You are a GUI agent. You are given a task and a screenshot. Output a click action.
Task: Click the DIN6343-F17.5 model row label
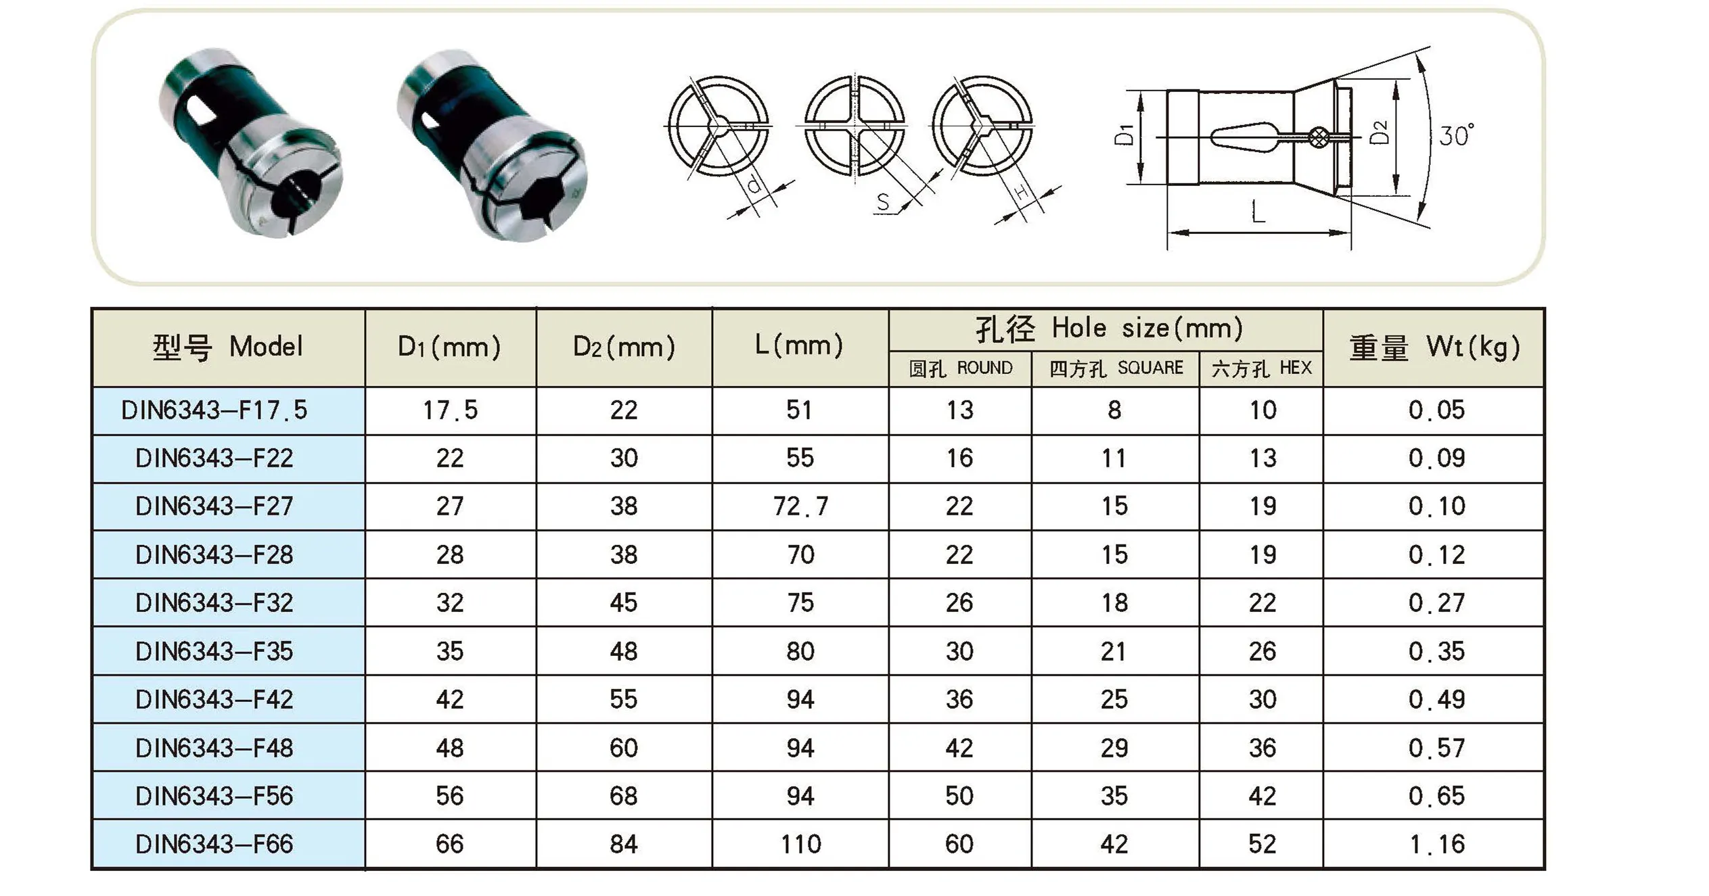(214, 410)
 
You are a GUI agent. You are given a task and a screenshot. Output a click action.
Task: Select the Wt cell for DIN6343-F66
(1436, 844)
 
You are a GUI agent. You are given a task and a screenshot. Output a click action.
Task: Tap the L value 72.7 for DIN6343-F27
(800, 506)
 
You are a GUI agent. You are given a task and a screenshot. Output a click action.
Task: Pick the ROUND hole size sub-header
(960, 369)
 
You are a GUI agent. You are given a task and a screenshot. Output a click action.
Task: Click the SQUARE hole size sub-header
(1116, 369)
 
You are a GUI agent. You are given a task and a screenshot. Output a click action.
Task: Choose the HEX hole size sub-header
(1262, 369)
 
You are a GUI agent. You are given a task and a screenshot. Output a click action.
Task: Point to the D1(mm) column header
(450, 347)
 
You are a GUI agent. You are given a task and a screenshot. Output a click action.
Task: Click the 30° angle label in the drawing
(1456, 136)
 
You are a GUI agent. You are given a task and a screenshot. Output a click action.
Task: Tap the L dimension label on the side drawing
(1258, 212)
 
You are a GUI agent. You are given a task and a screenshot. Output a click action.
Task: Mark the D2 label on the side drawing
(1378, 132)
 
